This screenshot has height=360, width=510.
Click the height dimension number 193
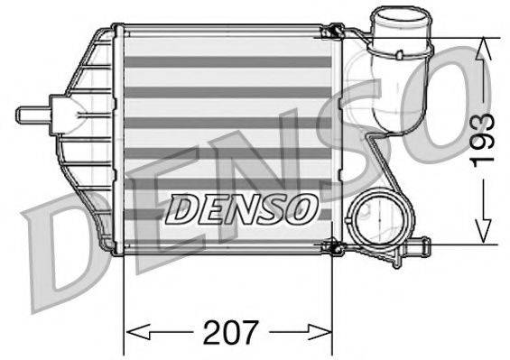pyautogui.click(x=485, y=139)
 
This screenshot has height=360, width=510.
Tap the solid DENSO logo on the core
pyautogui.click(x=243, y=210)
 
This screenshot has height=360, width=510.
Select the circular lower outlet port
pyautogui.click(x=376, y=220)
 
